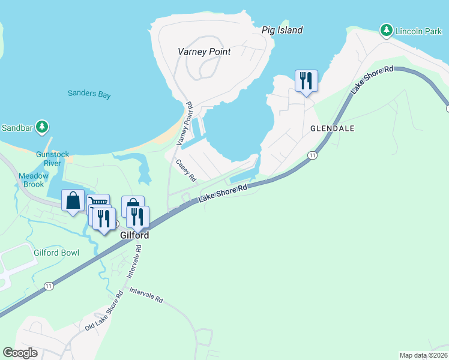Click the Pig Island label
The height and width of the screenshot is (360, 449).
click(282, 30)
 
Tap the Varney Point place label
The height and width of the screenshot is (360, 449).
click(204, 52)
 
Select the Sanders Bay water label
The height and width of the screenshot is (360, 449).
click(89, 94)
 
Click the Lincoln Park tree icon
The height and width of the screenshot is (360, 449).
click(386, 30)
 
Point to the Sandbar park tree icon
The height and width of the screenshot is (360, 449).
click(41, 127)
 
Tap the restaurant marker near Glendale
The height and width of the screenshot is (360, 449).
click(306, 81)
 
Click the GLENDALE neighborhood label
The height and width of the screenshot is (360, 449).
click(332, 128)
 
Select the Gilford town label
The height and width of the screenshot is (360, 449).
click(133, 236)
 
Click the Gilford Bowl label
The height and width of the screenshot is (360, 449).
click(56, 253)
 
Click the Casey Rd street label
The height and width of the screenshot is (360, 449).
click(186, 170)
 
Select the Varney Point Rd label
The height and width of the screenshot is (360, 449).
click(184, 124)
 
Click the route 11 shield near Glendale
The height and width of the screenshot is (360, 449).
click(312, 155)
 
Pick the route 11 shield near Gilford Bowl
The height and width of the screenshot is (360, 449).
click(49, 286)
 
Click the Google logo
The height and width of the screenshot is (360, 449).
click(20, 353)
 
